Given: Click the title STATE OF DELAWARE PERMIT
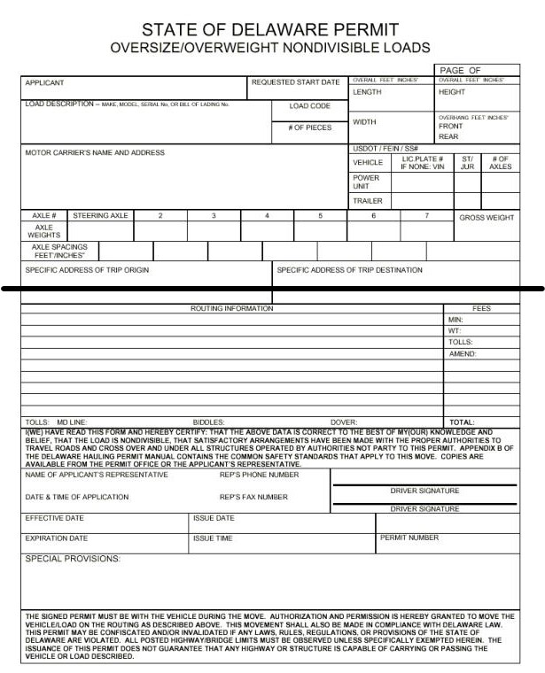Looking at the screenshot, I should tap(270, 30).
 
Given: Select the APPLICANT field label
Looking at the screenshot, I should tap(44, 83).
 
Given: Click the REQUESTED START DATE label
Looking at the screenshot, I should tap(295, 82).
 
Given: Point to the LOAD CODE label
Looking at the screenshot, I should tap(309, 106).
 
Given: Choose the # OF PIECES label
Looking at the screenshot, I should tap(309, 128).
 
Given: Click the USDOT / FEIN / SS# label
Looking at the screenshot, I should tap(385, 148).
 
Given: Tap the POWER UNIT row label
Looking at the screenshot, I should tap(366, 182).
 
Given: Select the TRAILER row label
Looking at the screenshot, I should tap(368, 201).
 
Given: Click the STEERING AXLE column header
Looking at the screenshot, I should tap(100, 215).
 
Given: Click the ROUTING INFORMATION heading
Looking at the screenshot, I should tap(232, 308).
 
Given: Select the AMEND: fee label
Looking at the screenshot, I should tap(463, 353).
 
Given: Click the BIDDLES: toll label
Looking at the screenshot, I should tap(209, 422).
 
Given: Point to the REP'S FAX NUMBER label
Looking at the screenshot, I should tap(253, 497).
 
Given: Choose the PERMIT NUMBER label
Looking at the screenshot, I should tap(409, 538).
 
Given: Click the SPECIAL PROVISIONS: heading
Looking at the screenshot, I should tap(73, 559).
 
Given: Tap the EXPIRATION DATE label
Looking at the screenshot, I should tap(57, 538).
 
